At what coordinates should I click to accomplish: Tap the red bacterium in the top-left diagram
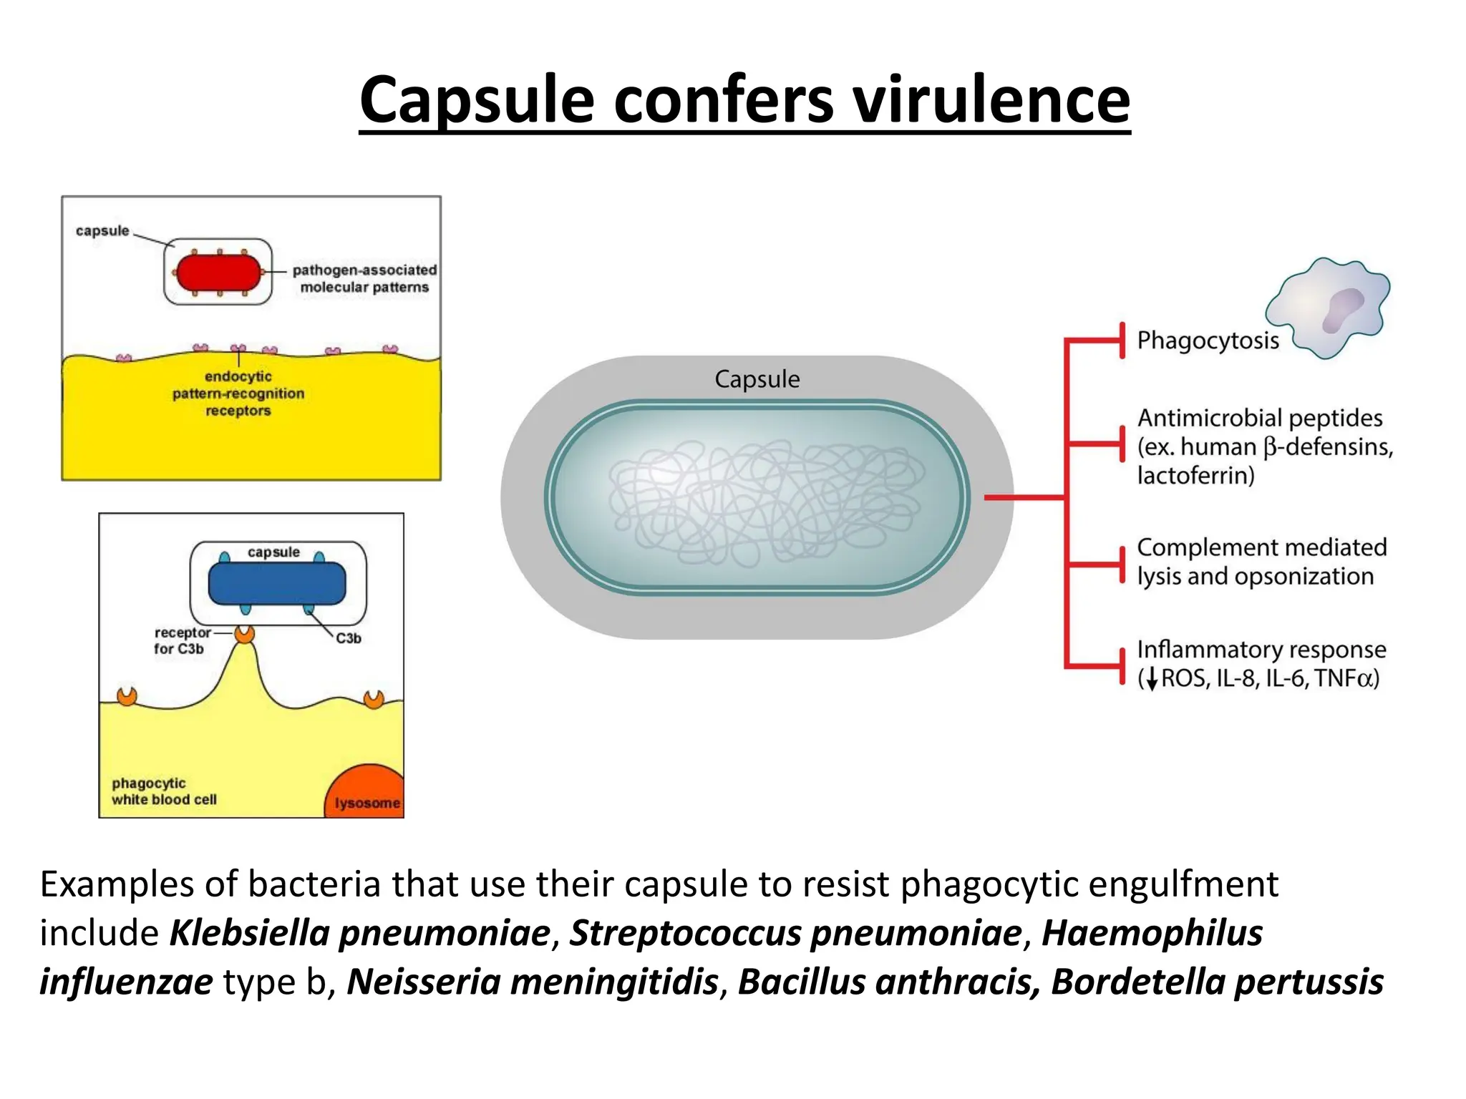(x=218, y=273)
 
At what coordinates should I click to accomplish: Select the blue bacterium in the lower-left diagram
(x=276, y=583)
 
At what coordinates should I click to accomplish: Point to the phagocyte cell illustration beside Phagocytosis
(x=1329, y=308)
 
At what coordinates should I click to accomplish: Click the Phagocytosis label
(x=1208, y=341)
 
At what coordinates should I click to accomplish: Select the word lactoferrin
(x=1195, y=476)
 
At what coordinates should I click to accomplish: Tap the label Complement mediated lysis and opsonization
(x=1261, y=562)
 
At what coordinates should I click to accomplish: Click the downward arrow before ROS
(x=1151, y=678)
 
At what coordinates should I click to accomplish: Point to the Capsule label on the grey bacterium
(x=757, y=379)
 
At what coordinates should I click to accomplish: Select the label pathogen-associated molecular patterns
(x=364, y=278)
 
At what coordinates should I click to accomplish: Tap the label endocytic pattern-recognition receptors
(x=238, y=394)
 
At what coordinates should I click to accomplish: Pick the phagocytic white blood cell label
(x=164, y=791)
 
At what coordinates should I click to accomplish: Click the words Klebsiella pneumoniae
(x=359, y=933)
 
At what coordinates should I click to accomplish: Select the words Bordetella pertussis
(x=1217, y=982)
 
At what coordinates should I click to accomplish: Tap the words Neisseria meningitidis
(x=533, y=982)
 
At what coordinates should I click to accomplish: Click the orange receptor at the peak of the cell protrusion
(x=245, y=633)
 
